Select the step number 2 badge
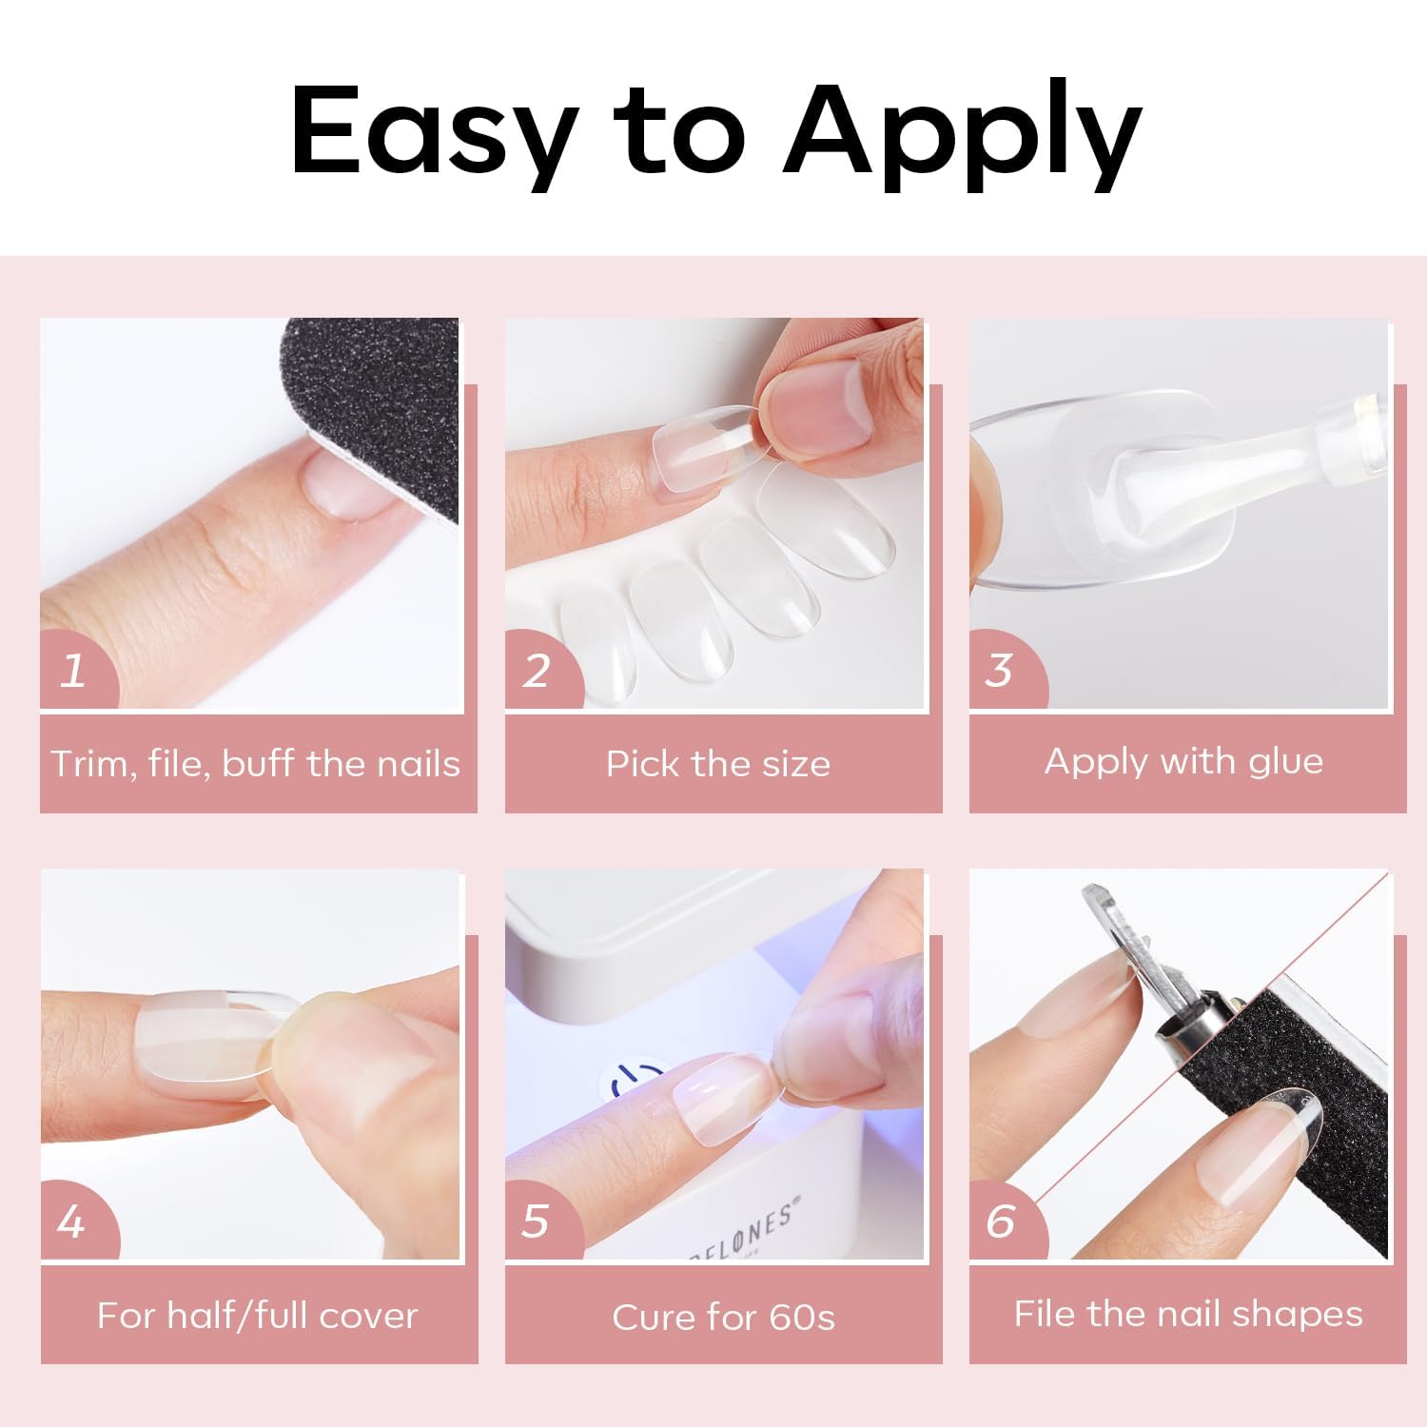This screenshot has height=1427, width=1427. click(538, 670)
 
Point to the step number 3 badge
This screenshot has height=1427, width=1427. click(1000, 670)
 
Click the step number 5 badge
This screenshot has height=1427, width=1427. click(538, 1221)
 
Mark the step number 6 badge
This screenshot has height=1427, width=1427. click(1002, 1221)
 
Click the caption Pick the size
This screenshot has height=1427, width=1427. click(718, 764)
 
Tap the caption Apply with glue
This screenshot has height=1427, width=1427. click(1183, 761)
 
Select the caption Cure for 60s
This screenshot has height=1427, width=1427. click(723, 1318)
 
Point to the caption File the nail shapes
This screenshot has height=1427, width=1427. click(1187, 1314)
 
